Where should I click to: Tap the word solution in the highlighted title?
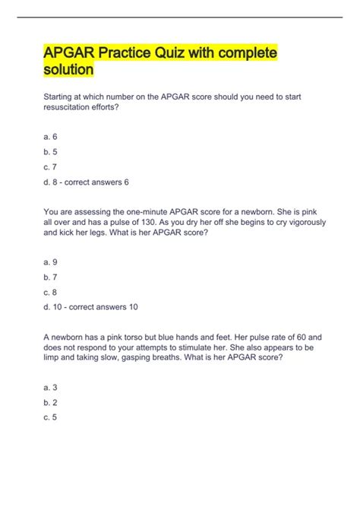tap(68, 70)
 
